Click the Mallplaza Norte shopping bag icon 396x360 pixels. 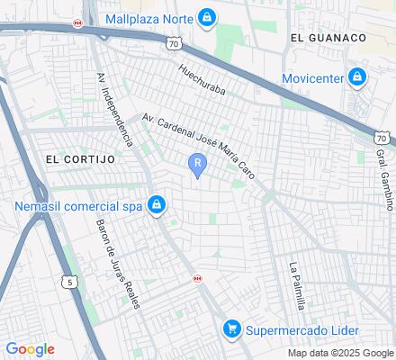click(x=208, y=17)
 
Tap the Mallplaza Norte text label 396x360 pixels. click(x=149, y=18)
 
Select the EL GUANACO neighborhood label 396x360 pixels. click(x=328, y=37)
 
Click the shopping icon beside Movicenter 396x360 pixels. click(x=357, y=77)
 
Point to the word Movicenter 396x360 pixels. click(x=311, y=78)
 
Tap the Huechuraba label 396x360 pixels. click(x=201, y=80)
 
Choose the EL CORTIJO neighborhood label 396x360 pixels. click(x=80, y=158)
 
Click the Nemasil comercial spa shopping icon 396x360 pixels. click(x=157, y=206)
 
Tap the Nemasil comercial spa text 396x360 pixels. click(x=78, y=206)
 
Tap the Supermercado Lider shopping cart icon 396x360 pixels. click(x=231, y=329)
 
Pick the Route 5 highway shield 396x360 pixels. click(x=69, y=283)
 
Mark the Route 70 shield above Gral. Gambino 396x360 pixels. click(x=382, y=138)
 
